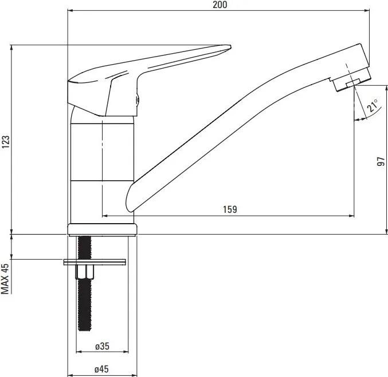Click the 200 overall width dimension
pyautogui.click(x=220, y=5)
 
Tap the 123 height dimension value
pyautogui.click(x=5, y=141)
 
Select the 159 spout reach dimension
pyautogui.click(x=230, y=209)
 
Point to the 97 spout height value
pyautogui.click(x=381, y=161)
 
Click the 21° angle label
pyautogui.click(x=373, y=106)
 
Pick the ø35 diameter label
pyautogui.click(x=102, y=346)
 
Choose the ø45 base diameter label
pyautogui.click(x=101, y=370)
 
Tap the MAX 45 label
pyautogui.click(x=5, y=279)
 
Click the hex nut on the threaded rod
pyautogui.click(x=85, y=272)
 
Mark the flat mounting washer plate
pyautogui.click(x=95, y=262)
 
